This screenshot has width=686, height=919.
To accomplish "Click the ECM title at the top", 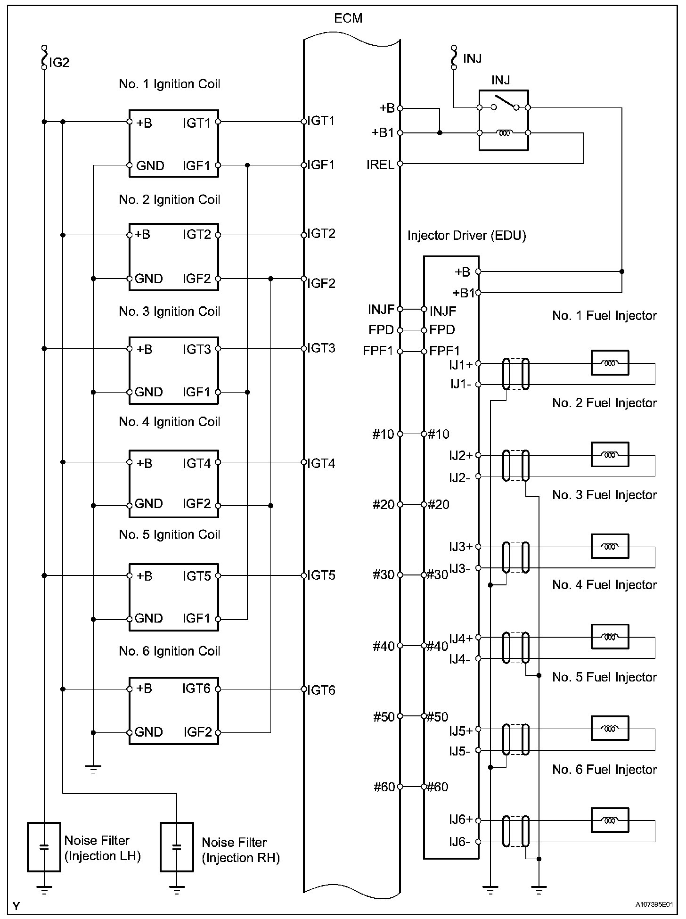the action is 348,18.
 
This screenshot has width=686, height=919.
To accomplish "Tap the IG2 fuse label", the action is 59,62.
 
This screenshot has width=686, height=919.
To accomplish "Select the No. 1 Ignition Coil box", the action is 174,143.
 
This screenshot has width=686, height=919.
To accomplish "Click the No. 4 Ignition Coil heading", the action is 170,421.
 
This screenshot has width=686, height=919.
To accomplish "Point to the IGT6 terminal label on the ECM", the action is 321,690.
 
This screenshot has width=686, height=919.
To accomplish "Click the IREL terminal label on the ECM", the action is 381,165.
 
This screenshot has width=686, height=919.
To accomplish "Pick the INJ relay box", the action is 503,120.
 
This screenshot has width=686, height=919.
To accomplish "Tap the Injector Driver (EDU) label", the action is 466,235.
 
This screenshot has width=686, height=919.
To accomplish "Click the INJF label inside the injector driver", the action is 443,311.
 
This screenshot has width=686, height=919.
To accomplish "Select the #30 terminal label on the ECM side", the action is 384,575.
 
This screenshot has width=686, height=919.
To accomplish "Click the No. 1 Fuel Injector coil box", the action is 610,363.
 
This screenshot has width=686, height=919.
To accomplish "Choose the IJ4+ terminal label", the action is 461,639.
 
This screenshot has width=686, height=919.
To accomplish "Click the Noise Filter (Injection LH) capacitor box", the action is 44,847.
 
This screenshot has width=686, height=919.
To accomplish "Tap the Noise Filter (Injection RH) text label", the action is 241,850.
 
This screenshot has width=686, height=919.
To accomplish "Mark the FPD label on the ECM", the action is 381,330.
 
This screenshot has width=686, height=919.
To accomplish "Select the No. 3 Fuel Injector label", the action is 604,495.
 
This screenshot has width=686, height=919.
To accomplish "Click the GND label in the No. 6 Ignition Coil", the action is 148,732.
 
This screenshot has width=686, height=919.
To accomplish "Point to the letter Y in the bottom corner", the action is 16,906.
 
